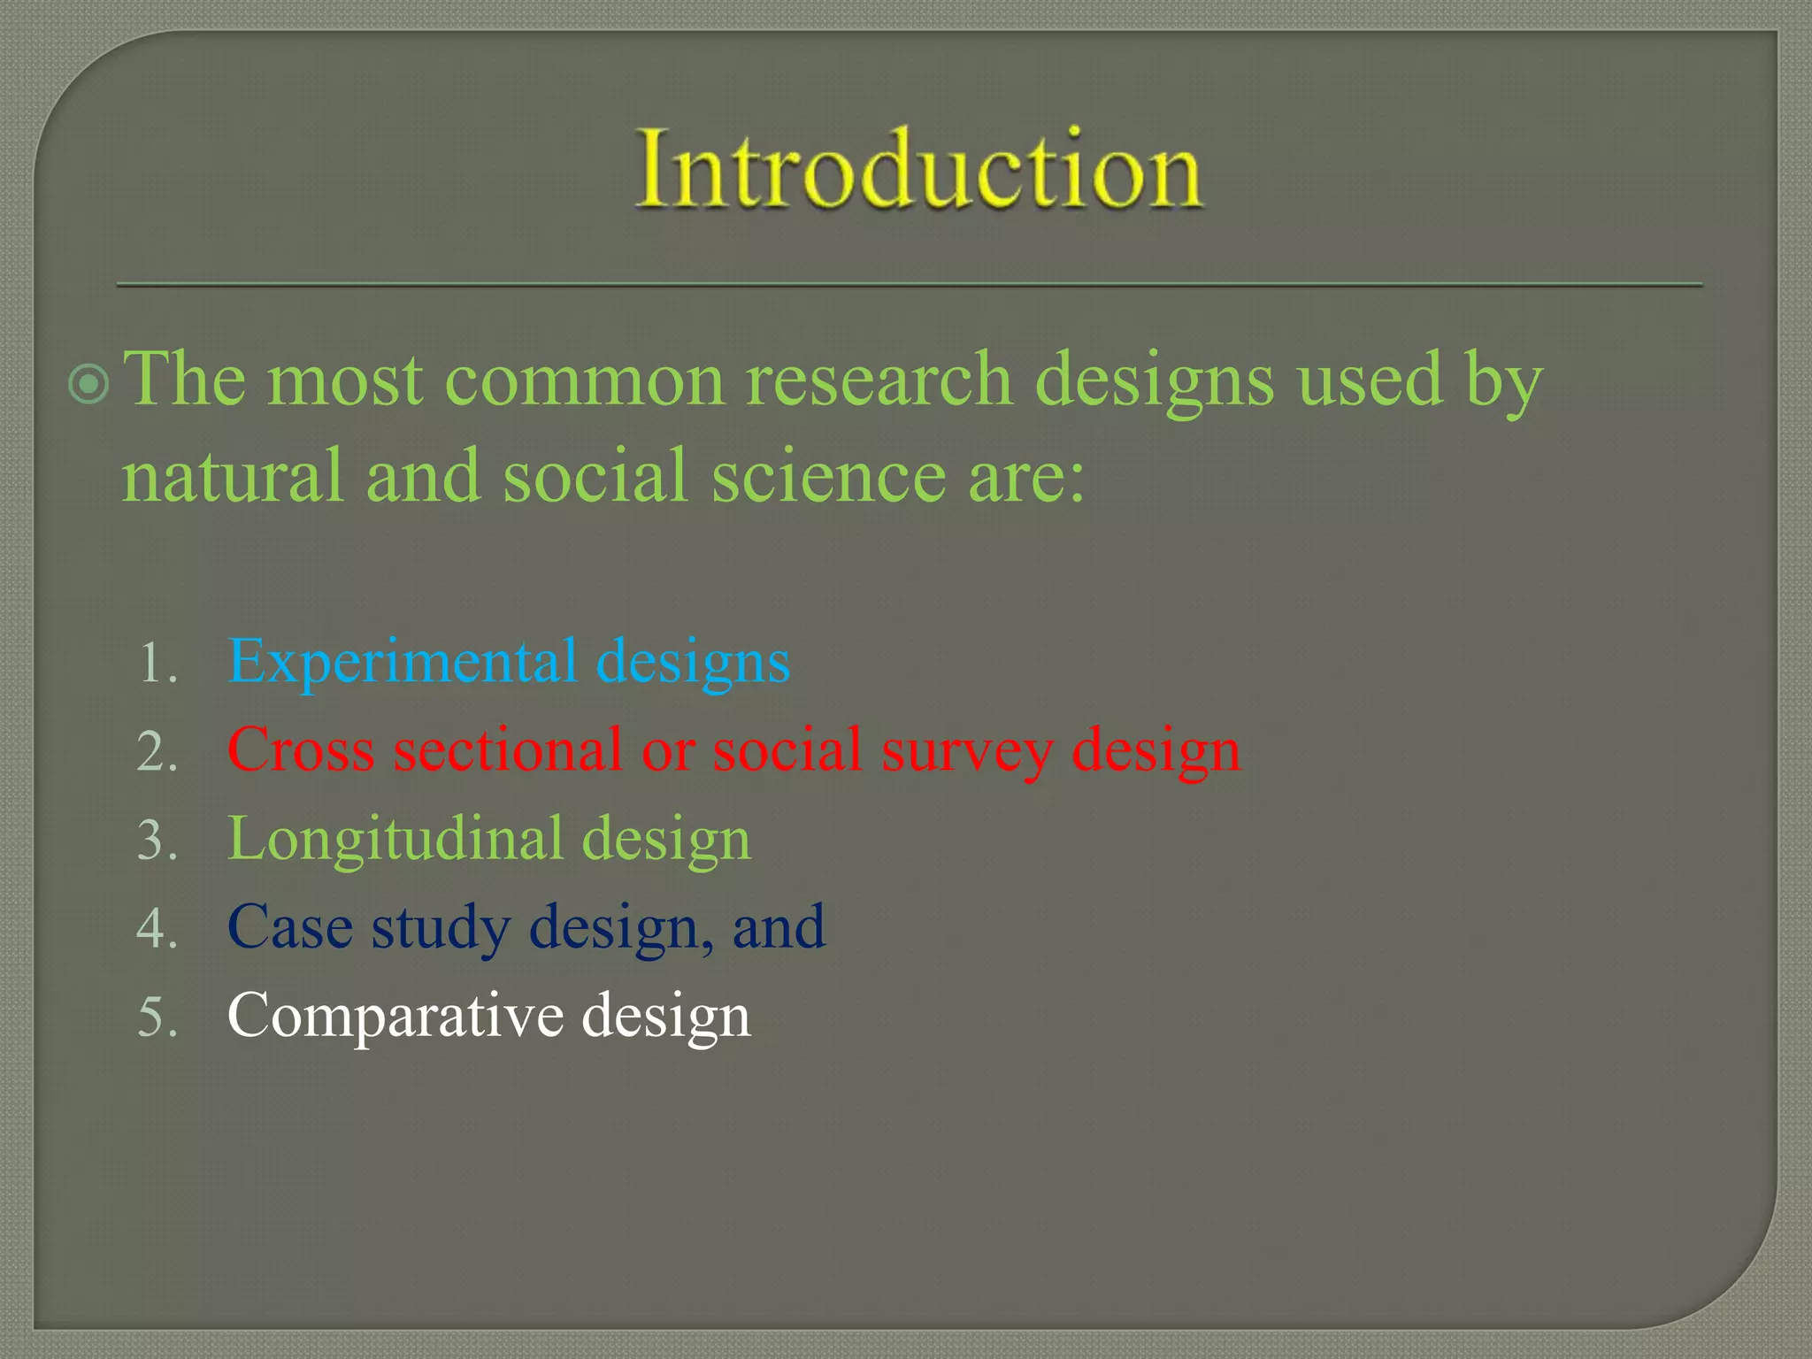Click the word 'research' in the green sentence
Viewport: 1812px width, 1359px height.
click(879, 380)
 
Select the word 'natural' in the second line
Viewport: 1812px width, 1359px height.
click(232, 476)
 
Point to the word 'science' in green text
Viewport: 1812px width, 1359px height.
click(828, 476)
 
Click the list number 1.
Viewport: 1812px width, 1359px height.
click(157, 664)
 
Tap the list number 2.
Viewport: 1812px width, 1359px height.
click(157, 752)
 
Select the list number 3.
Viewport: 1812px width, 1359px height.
click(157, 841)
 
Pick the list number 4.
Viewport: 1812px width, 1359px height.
click(157, 929)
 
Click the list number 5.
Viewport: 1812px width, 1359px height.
click(157, 1017)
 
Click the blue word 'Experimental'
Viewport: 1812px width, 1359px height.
click(403, 662)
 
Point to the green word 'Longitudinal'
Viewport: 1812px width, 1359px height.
click(395, 839)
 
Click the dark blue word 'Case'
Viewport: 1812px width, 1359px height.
click(289, 927)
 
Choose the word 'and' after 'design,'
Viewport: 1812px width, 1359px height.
click(779, 927)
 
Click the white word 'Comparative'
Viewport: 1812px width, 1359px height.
click(395, 1016)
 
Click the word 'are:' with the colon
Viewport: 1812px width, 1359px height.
click(1025, 476)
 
